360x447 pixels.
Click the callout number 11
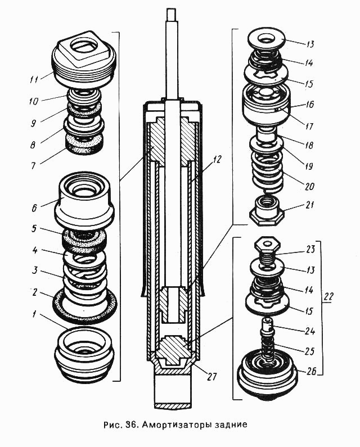pyautogui.click(x=35, y=78)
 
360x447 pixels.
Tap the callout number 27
pyautogui.click(x=211, y=377)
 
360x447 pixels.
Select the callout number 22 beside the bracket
pyautogui.click(x=328, y=297)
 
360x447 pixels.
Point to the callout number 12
pyautogui.click(x=216, y=159)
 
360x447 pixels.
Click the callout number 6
pyautogui.click(x=34, y=208)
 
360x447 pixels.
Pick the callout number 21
pyautogui.click(x=309, y=205)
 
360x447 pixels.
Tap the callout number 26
pyautogui.click(x=311, y=371)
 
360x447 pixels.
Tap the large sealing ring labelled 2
pyautogui.click(x=85, y=306)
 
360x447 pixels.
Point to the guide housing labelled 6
pyautogui.click(x=84, y=202)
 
